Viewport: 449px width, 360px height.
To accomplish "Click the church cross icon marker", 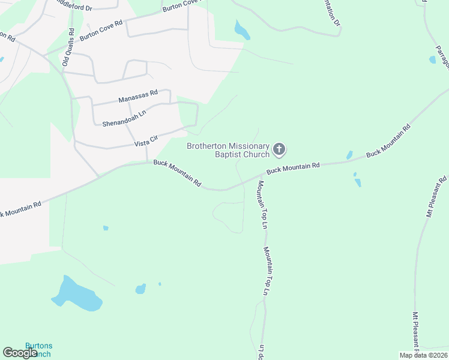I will point(279,149).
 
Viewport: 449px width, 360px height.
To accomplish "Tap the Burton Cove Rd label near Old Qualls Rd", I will point(101,29).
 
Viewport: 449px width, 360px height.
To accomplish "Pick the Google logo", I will point(20,353).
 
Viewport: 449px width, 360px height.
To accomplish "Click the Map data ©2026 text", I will point(423,355).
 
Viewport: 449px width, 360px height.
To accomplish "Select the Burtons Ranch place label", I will point(38,350).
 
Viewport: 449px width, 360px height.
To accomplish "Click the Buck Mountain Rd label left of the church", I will point(177,172).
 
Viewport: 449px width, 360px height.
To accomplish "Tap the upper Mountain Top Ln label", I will point(262,205).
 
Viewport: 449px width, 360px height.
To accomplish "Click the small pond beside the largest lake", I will point(140,289).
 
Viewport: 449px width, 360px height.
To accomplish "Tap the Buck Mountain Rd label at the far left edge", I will point(20,209).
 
